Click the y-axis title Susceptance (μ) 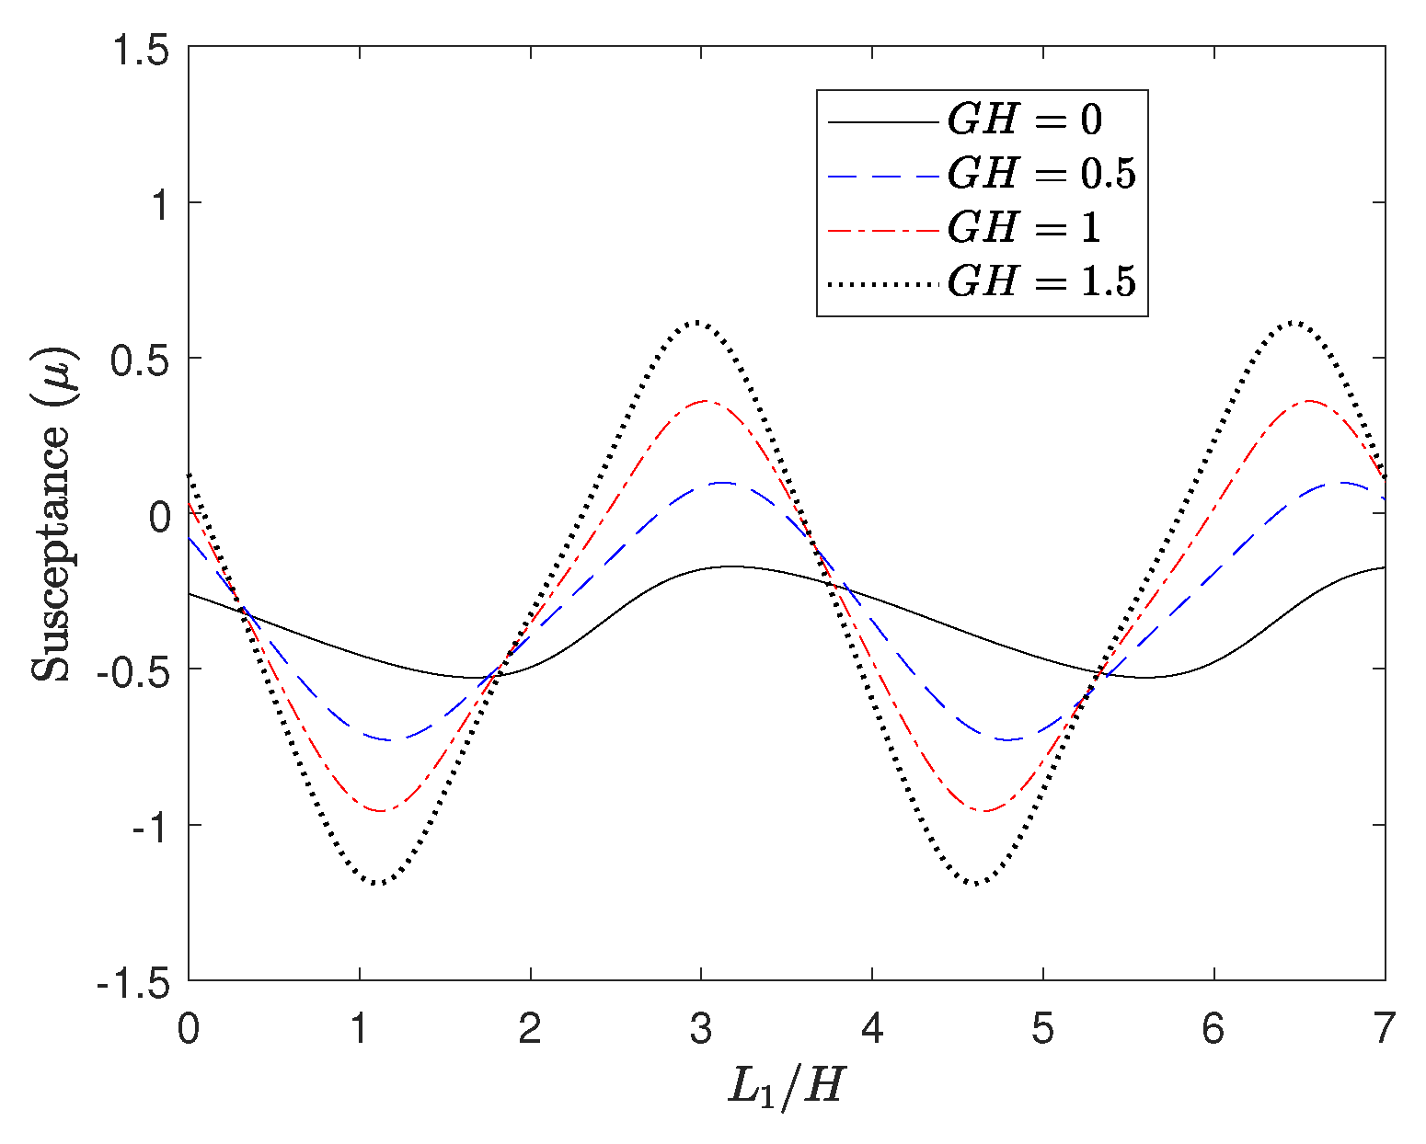[x=52, y=514]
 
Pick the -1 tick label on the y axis [x=151, y=826]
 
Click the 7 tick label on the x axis [x=1384, y=1028]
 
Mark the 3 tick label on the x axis [x=701, y=1028]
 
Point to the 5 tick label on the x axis [x=1042, y=1028]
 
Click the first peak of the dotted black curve [x=697, y=322]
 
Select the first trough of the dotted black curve [x=378, y=884]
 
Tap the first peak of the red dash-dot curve [x=705, y=401]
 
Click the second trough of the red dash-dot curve [x=984, y=811]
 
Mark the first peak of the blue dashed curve [x=722, y=482]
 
